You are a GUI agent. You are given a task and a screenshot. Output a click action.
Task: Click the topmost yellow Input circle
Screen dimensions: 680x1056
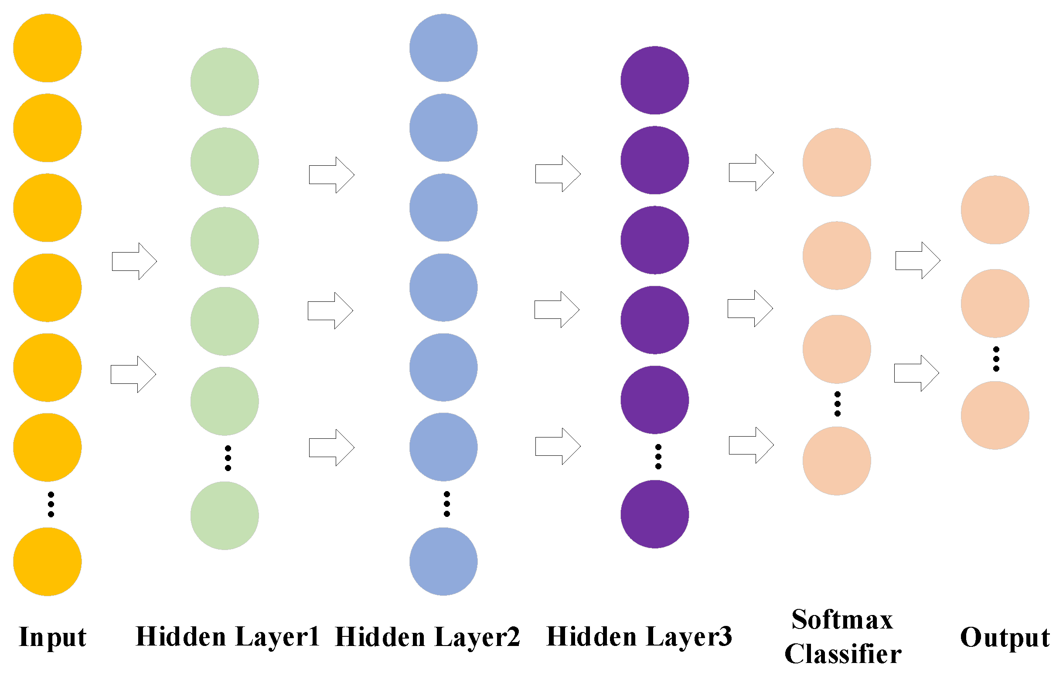pos(47,48)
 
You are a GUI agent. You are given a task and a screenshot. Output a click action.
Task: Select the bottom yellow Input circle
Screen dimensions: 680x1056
pos(47,561)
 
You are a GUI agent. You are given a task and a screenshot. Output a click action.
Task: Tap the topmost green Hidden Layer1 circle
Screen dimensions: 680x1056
pos(224,82)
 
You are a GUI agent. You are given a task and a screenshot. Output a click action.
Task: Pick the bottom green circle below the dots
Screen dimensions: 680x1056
pos(224,515)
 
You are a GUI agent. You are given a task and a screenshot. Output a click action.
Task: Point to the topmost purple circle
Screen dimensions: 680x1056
pos(654,80)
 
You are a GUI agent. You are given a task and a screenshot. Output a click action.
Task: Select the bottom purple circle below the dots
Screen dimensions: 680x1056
pos(654,514)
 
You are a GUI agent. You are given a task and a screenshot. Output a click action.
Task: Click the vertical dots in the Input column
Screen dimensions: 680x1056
pos(51,504)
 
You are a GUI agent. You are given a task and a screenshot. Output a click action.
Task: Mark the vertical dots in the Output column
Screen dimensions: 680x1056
pos(995,359)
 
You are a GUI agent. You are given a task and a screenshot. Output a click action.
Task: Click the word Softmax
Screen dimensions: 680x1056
pos(841,619)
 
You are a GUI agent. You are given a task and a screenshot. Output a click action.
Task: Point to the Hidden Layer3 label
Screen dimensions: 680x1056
pos(639,637)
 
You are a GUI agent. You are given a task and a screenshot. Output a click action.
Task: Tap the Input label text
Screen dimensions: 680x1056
pos(52,637)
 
